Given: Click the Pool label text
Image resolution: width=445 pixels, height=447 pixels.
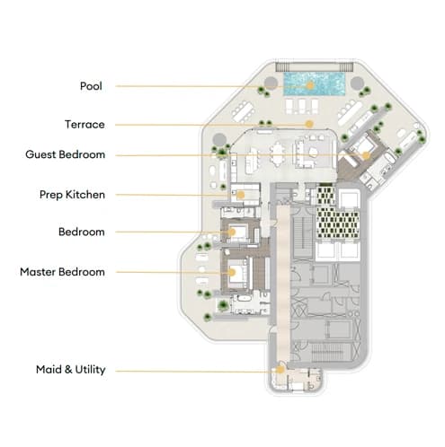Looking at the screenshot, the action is pos(91,86).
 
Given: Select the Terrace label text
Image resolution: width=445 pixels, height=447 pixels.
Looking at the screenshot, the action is pos(85,125).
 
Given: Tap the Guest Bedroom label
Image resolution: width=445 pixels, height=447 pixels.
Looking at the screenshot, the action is pos(66,154).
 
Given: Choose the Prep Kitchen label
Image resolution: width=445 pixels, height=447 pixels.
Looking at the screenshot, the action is pos(72,195).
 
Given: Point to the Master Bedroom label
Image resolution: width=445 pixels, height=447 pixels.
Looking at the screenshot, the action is pos(62,272).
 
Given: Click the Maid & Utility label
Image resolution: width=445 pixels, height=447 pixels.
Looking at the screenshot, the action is pos(71,370).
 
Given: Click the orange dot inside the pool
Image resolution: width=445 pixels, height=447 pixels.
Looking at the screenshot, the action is pos(310,85).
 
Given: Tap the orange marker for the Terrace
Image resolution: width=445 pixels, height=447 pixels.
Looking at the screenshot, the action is pos(309,124).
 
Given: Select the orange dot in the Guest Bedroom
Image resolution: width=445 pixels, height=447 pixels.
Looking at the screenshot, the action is pos(366,155).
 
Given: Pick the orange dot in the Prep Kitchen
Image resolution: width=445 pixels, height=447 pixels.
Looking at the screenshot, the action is pos(240,195).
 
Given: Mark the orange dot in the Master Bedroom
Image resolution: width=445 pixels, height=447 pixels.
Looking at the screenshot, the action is pos(231,272).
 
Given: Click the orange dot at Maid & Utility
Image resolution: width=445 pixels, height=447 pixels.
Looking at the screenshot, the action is pos(280,370).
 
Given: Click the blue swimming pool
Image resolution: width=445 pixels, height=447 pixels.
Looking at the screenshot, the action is pos(315,84).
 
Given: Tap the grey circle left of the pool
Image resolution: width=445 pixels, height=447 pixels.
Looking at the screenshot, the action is pos(271,83).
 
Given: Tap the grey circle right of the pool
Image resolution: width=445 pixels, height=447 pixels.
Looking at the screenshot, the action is pos(357,83).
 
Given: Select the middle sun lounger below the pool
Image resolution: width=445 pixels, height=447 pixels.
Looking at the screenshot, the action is pos(302,107).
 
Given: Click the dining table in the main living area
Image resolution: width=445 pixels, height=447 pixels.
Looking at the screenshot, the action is pos(278,156).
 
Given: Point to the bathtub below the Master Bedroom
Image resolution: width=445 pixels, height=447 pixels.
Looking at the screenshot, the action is pos(243,298).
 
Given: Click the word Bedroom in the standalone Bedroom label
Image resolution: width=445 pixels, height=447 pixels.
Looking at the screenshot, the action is pos(82,232).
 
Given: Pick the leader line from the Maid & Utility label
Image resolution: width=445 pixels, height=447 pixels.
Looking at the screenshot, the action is pos(196,372).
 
